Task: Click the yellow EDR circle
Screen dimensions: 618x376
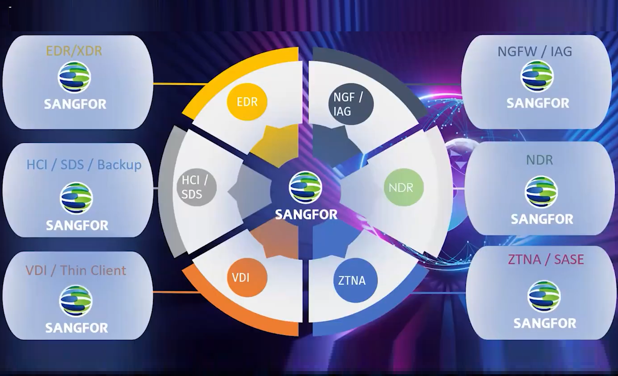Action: (247, 102)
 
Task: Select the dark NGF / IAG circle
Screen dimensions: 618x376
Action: (351, 104)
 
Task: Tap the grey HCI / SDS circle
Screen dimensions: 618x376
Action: (197, 187)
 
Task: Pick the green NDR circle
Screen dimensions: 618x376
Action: (403, 187)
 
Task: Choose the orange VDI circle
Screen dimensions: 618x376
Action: (247, 277)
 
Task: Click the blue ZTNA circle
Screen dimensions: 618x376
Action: (355, 280)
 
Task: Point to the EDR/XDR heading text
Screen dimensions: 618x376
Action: (74, 51)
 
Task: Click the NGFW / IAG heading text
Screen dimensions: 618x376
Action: (535, 52)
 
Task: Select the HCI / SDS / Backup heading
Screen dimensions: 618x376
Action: (84, 165)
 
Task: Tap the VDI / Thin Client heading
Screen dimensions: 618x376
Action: (76, 270)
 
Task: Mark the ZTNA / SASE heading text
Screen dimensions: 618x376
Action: (546, 259)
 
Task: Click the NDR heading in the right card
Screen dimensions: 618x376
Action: (539, 160)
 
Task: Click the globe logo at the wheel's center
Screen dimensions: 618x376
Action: (305, 187)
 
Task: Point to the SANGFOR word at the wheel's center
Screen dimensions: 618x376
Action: (306, 214)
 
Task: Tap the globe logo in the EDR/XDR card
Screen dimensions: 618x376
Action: (74, 78)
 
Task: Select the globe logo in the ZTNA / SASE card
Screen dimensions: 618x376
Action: (544, 296)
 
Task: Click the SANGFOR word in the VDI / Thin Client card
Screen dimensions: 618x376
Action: (76, 328)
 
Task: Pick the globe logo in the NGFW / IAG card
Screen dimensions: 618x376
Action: (537, 76)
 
